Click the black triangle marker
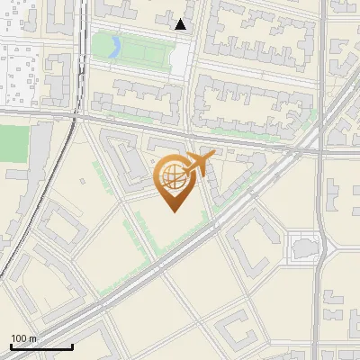point(181,25)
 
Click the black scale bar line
point(41,347)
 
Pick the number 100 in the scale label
point(20,338)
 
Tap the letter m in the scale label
point(32,338)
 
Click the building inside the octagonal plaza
point(303,244)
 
